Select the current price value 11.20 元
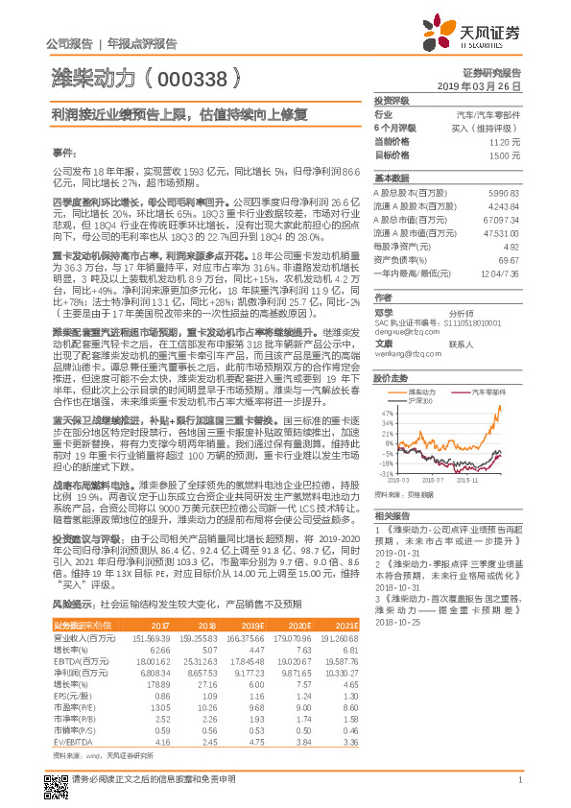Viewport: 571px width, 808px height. click(x=505, y=141)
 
